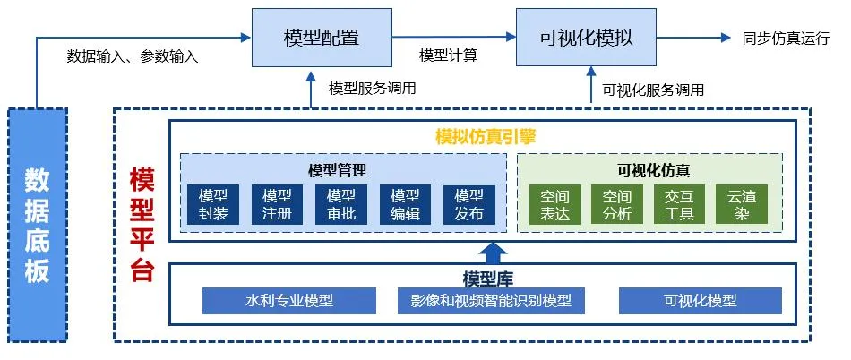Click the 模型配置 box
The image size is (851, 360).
click(322, 38)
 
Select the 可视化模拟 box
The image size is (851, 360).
click(586, 38)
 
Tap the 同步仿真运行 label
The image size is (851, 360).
click(786, 39)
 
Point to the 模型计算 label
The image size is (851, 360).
click(448, 56)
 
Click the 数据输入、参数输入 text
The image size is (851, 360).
click(133, 56)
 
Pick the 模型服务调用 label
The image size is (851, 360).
click(373, 89)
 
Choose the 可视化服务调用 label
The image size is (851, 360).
click(653, 90)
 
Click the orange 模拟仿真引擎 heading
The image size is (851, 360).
click(486, 137)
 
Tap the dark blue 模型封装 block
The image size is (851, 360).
click(213, 204)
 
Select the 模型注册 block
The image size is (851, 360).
click(277, 204)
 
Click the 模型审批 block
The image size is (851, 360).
click(340, 204)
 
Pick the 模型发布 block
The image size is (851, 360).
click(468, 204)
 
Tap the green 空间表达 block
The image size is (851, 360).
click(554, 204)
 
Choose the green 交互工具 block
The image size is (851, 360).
click(679, 204)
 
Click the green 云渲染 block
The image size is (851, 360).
click(742, 204)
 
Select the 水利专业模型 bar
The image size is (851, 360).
click(288, 301)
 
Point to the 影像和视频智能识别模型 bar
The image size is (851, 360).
click(491, 301)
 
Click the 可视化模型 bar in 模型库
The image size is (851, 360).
click(701, 301)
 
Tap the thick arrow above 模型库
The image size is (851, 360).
click(494, 253)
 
